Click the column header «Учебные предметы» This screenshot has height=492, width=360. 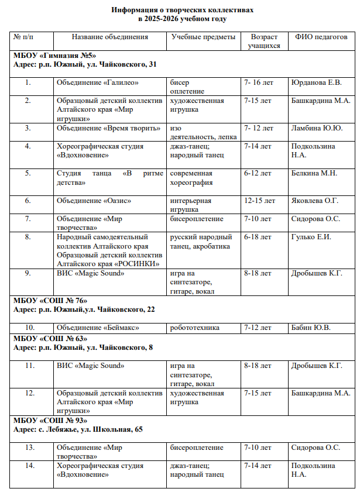[x=203, y=37]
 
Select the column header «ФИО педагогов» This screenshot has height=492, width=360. [x=321, y=37]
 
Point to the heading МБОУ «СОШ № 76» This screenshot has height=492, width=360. [x=50, y=301]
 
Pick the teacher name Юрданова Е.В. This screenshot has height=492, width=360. [x=316, y=82]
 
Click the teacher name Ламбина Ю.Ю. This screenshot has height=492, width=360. [x=317, y=128]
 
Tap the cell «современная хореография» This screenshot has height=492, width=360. [x=191, y=178]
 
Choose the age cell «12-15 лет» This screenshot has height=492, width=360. [x=259, y=201]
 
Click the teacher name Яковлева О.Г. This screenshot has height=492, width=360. [x=315, y=201]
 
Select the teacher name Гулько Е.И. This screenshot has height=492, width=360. [x=311, y=237]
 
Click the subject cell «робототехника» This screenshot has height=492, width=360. [x=195, y=327]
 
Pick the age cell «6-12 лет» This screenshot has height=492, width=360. [x=258, y=174]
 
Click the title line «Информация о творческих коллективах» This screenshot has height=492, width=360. [x=179, y=10]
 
